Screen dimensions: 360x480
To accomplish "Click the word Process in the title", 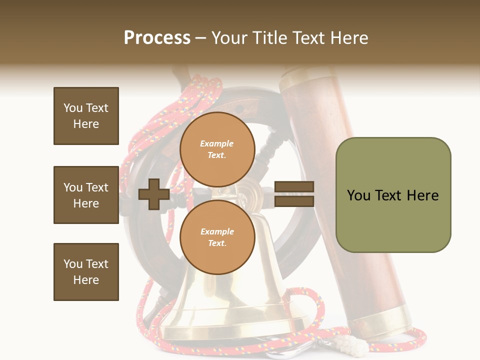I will pyautogui.click(x=157, y=38).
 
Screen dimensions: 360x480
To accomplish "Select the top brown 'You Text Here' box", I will pyautogui.click(x=86, y=116).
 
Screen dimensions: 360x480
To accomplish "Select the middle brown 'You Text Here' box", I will pyautogui.click(x=86, y=195).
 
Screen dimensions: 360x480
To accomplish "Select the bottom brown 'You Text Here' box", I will pyautogui.click(x=86, y=271).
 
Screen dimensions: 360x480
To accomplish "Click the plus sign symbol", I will pyautogui.click(x=154, y=195).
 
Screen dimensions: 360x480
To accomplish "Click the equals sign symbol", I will pyautogui.click(x=294, y=194).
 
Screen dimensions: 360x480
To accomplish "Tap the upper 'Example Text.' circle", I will pyautogui.click(x=217, y=149).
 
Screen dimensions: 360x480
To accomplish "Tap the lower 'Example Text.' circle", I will pyautogui.click(x=217, y=237).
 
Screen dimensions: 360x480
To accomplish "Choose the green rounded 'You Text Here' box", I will pyautogui.click(x=393, y=195).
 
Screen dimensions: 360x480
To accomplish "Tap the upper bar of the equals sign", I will pyautogui.click(x=294, y=187).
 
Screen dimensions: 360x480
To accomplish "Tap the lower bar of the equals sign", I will pyautogui.click(x=294, y=201).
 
